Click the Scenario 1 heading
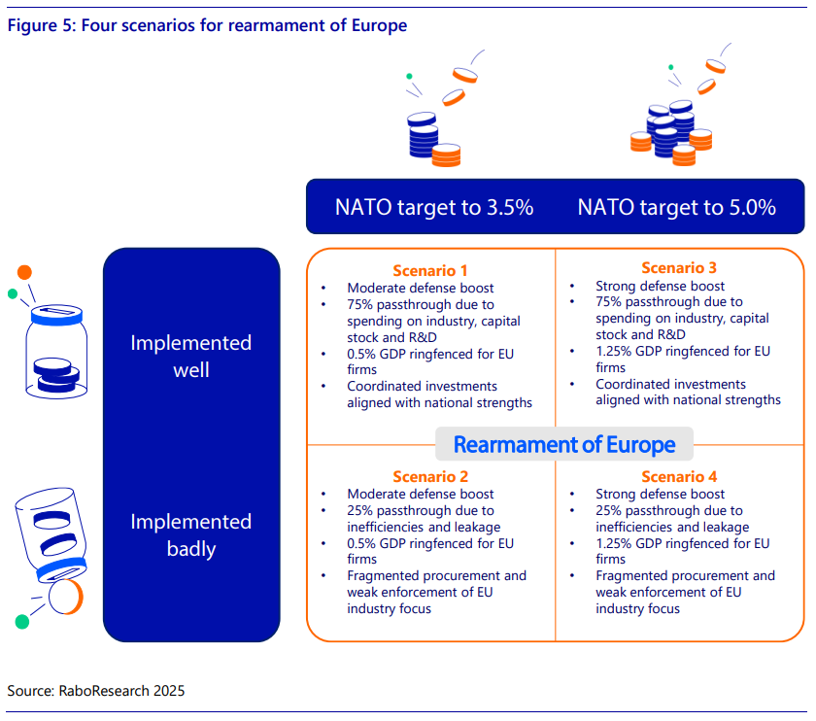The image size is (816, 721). [429, 271]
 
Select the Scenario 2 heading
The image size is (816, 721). [430, 476]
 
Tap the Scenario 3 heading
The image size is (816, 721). [679, 267]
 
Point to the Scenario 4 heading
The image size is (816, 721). [679, 476]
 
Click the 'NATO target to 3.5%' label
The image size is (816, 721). [434, 207]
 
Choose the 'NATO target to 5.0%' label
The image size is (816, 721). [676, 207]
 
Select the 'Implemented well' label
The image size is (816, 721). [191, 356]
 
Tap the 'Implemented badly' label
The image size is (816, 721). [191, 535]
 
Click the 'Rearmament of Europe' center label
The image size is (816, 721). [564, 445]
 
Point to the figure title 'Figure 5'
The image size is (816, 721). [42, 25]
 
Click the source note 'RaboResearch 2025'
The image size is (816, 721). [121, 690]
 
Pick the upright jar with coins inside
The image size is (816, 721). [56, 352]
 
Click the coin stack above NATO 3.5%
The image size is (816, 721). [433, 139]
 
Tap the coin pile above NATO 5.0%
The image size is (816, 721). [671, 133]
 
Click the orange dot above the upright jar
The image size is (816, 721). [24, 272]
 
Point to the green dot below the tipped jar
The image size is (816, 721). [21, 622]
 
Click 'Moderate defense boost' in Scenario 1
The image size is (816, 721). [421, 288]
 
